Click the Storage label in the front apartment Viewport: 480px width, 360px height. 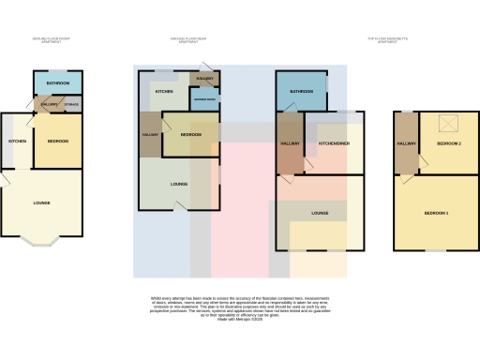pos(71,104)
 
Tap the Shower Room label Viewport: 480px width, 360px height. pos(204,99)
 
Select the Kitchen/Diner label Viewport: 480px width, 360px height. pos(334,143)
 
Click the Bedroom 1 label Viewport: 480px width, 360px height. pos(436,214)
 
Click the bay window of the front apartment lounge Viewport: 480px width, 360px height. pos(41,241)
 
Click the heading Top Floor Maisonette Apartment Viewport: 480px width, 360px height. pos(387,39)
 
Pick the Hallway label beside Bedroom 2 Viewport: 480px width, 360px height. pos(406,143)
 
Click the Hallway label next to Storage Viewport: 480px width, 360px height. pos(50,104)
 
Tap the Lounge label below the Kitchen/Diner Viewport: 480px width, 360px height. pos(320,214)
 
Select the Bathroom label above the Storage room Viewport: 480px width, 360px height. pos(57,82)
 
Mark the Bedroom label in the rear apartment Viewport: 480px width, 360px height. pos(190,135)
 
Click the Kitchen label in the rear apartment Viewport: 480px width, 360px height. pos(164,91)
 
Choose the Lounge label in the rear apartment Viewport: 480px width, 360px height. pos(179,184)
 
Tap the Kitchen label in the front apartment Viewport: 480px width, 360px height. pos(17,141)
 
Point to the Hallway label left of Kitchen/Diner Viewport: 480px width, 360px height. pos(290,143)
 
